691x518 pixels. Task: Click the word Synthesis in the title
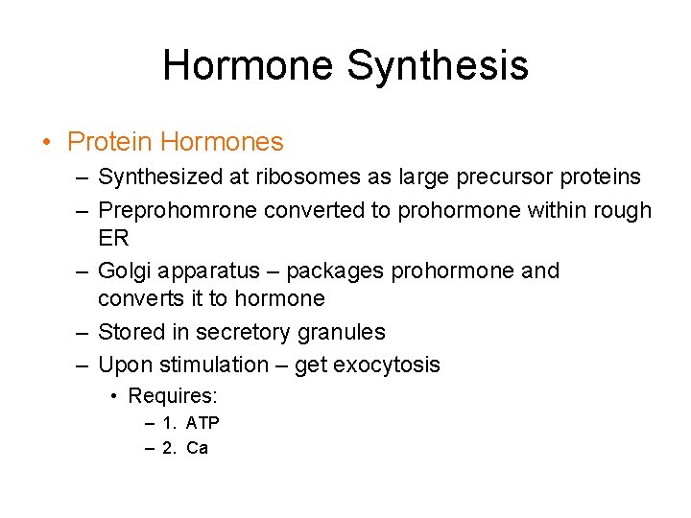(x=437, y=65)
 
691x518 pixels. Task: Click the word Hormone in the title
(x=248, y=65)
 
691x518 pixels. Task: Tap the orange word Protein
(x=109, y=143)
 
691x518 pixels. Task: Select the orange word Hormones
(x=222, y=143)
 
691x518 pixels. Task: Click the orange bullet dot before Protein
(x=46, y=144)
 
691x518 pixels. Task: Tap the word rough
(x=623, y=210)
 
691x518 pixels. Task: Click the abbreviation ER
(x=113, y=237)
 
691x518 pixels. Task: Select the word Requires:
(x=173, y=396)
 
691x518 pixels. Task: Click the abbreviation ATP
(x=203, y=423)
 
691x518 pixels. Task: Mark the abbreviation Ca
(x=197, y=448)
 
